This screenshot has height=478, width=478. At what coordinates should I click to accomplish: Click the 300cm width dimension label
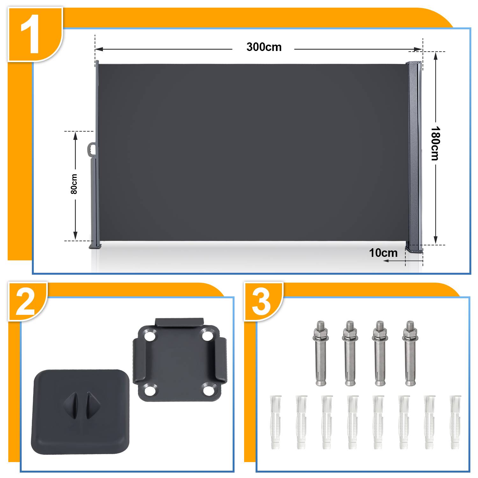[264, 47]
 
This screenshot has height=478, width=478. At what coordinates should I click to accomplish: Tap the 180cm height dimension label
[435, 143]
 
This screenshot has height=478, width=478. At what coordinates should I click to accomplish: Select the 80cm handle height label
[74, 184]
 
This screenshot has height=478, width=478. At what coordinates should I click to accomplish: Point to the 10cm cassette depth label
[383, 253]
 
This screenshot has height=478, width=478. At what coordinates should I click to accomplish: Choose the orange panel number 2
[25, 301]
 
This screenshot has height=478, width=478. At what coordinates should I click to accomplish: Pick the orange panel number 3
[261, 301]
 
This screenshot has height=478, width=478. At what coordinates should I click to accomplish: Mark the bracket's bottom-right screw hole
[208, 390]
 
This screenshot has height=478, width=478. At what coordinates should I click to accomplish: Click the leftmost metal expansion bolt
[321, 353]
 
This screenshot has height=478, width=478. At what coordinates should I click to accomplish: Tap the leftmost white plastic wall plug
[276, 422]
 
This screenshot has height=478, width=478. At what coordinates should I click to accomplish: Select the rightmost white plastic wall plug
[455, 422]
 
